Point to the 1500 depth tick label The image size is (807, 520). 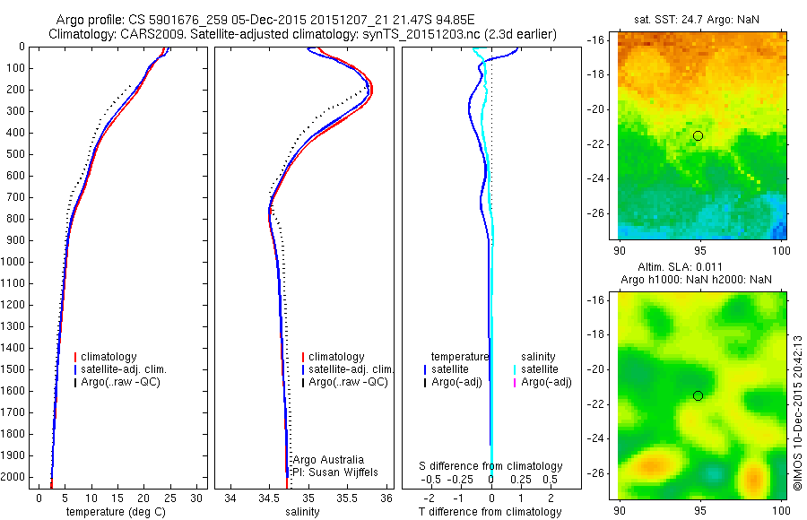pyautogui.click(x=16, y=369)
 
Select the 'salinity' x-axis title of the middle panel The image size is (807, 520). pyautogui.click(x=302, y=512)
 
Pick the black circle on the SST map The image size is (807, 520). pyautogui.click(x=698, y=135)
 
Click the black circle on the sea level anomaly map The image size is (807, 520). pyautogui.click(x=698, y=395)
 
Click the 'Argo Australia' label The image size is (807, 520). pyautogui.click(x=329, y=460)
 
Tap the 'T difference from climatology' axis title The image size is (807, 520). pyautogui.click(x=490, y=512)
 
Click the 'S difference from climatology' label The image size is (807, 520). pyautogui.click(x=491, y=466)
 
